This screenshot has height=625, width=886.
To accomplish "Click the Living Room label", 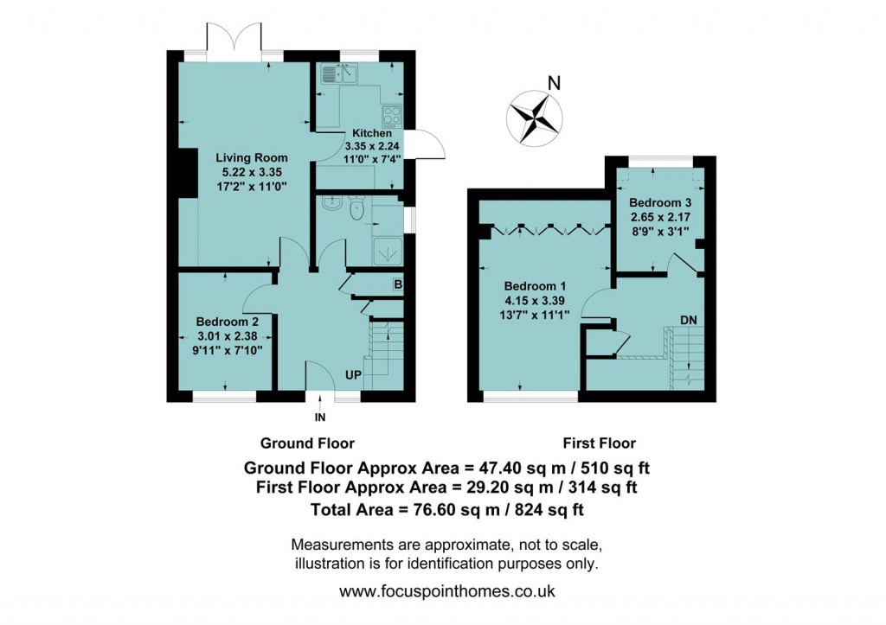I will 251,158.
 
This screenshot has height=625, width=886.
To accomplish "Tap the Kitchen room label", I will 371,134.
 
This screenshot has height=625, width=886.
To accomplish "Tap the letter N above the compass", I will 555,84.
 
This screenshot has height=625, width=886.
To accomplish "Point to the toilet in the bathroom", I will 356,207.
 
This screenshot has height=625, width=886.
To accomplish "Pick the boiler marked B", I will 397,284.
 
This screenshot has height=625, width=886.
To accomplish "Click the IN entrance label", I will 321,419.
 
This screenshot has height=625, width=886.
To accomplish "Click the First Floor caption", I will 599,443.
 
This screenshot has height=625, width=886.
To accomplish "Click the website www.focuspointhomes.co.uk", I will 446,592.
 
